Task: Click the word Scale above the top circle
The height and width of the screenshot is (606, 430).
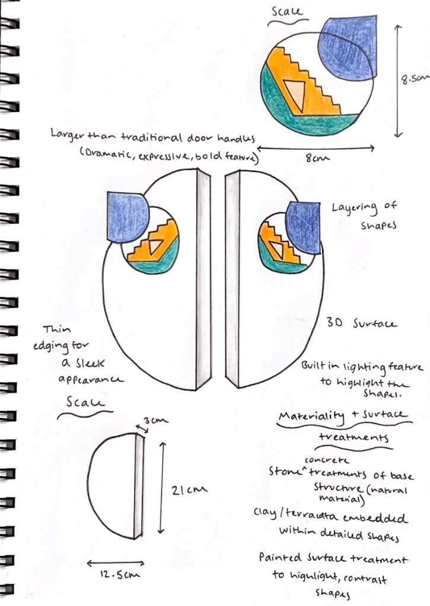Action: click(286, 11)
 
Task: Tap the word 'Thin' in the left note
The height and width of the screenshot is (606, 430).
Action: click(56, 329)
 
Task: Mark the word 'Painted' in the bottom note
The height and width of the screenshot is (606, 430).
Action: click(282, 559)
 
